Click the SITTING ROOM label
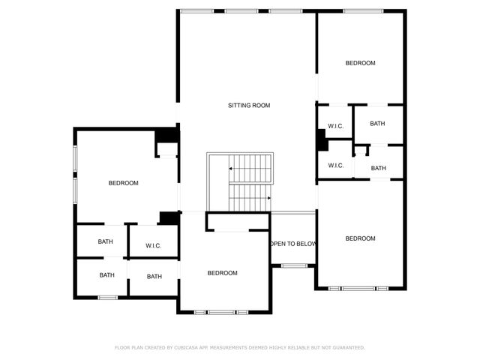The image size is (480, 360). click(x=249, y=106)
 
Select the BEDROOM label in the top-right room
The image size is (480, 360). click(x=360, y=63)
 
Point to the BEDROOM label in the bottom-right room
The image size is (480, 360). click(x=360, y=238)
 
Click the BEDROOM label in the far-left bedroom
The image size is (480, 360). click(x=123, y=183)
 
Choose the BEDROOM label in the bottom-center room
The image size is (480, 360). click(x=222, y=273)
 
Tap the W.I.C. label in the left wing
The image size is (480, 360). click(x=154, y=245)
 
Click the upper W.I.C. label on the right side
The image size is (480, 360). click(x=335, y=125)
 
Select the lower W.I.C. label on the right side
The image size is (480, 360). click(x=335, y=166)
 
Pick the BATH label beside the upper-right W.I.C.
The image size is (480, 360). click(x=377, y=123)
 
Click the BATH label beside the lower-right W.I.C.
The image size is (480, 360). click(x=379, y=168)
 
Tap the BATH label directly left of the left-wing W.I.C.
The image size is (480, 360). click(x=106, y=241)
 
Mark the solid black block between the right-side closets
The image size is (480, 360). click(x=321, y=140)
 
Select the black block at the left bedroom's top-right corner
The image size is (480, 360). click(x=166, y=136)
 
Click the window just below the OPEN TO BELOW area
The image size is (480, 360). click(x=294, y=265)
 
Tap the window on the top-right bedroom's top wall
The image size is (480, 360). click(x=360, y=10)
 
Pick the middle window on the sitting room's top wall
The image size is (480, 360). click(x=241, y=10)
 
